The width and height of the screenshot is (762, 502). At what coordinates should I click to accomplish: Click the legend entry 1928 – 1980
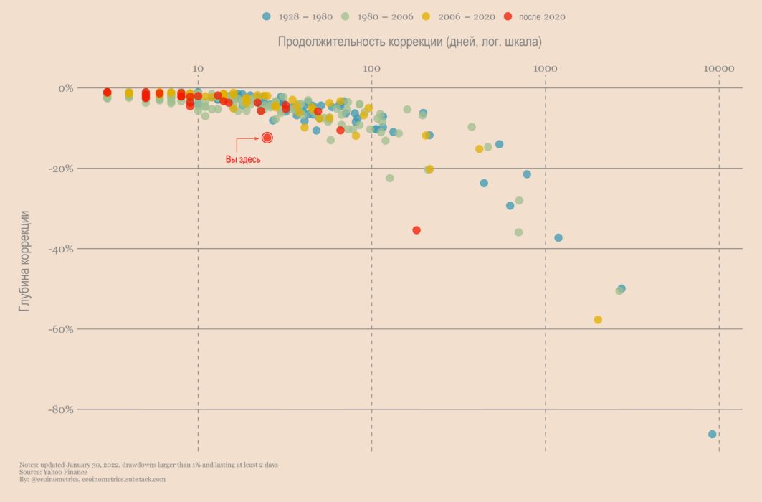coord(300,16)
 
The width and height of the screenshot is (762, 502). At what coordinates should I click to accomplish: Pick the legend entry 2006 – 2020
coord(467,16)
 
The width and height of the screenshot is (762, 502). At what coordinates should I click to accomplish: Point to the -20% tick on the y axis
coord(60,169)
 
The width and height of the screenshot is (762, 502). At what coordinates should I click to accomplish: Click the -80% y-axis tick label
coord(60,409)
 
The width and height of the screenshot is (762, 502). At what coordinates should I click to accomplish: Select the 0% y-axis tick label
coord(65,88)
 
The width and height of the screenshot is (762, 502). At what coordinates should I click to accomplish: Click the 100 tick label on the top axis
coord(371,69)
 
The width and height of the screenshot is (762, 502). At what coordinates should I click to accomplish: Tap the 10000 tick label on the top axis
coord(719,69)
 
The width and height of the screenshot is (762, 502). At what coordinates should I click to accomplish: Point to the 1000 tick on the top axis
coord(546,69)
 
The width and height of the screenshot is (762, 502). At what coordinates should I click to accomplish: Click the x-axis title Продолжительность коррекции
coord(409,42)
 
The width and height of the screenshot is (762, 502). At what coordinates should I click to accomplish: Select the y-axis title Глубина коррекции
coord(25,260)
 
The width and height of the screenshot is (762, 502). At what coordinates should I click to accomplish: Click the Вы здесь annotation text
coord(243,160)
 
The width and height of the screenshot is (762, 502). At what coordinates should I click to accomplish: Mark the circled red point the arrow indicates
coord(267,138)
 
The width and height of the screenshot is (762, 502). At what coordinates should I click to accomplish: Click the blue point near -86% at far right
coord(712,434)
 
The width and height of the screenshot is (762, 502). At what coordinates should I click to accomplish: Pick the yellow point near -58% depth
coord(598,320)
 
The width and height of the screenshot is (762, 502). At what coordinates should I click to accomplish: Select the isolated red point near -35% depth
coord(416,230)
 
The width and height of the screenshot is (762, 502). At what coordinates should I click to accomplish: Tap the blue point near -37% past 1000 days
coord(558,237)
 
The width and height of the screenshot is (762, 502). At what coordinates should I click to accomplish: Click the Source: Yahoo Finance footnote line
coord(53,472)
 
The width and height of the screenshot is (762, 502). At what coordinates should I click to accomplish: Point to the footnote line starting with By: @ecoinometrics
coord(92,479)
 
